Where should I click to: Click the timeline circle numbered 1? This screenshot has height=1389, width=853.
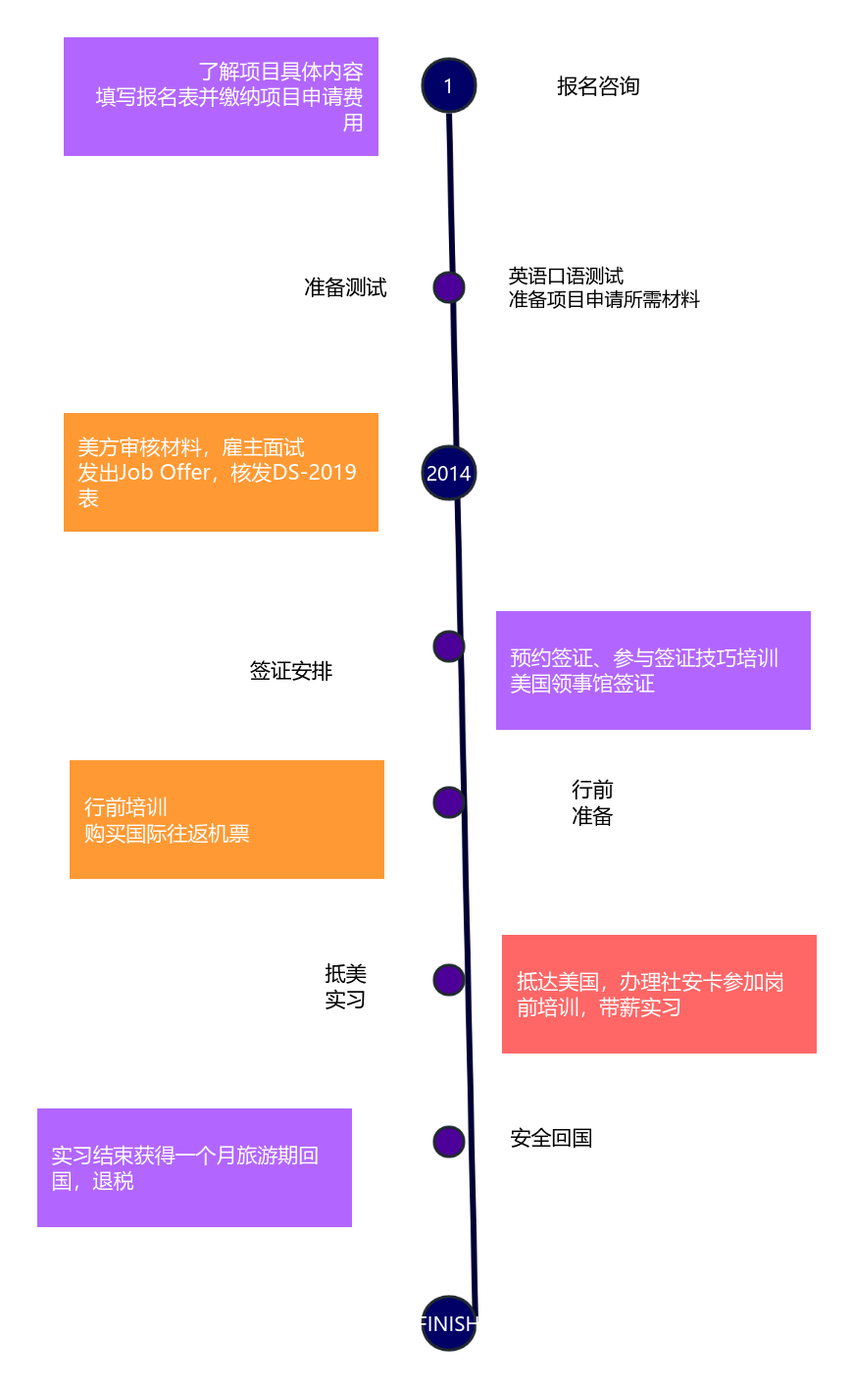[448, 86]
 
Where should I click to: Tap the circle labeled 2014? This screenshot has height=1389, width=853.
[448, 473]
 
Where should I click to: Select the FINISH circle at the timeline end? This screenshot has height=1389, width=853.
[448, 1323]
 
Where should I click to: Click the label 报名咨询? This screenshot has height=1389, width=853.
[598, 86]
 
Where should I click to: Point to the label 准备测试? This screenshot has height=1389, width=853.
[345, 287]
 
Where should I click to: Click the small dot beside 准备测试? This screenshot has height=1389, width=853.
[448, 287]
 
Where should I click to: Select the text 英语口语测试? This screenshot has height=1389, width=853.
[566, 276]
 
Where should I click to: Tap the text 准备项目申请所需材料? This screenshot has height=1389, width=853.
[604, 299]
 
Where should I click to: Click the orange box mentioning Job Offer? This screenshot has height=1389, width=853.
[221, 472]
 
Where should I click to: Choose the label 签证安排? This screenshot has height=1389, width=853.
[291, 671]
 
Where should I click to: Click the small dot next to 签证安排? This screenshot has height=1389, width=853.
[448, 646]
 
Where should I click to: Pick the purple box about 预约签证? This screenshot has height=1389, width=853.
[653, 670]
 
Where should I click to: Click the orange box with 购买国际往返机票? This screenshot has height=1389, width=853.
[226, 819]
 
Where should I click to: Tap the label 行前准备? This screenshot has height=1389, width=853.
[592, 802]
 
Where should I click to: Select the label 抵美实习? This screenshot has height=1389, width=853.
[345, 986]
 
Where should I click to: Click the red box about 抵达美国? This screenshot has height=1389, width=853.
[659, 994]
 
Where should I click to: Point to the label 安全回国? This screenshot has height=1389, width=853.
[551, 1138]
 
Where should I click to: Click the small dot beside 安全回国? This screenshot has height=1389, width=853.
[448, 1141]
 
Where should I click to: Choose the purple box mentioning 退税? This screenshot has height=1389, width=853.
[194, 1167]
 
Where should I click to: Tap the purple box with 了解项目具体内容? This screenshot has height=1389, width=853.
[221, 96]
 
